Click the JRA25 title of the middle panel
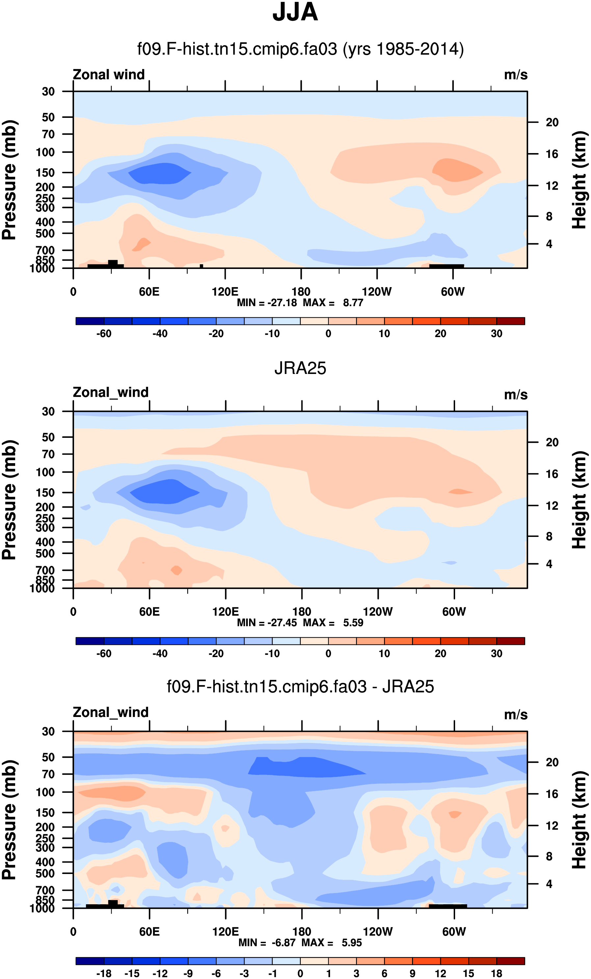point(300,368)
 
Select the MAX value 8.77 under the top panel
point(353,303)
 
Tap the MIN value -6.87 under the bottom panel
point(284,942)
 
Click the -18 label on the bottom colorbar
point(104,973)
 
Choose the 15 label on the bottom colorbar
point(468,973)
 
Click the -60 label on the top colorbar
point(104,333)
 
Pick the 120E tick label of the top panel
point(225,292)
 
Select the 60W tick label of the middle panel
point(454,612)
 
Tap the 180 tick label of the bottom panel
point(301,931)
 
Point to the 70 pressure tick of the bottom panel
point(48,774)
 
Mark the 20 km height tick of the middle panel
point(552,442)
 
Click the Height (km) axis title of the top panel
point(579,180)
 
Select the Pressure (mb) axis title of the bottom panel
point(10,820)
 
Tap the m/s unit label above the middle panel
point(516,395)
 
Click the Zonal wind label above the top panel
point(109,75)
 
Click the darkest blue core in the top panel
point(159,173)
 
